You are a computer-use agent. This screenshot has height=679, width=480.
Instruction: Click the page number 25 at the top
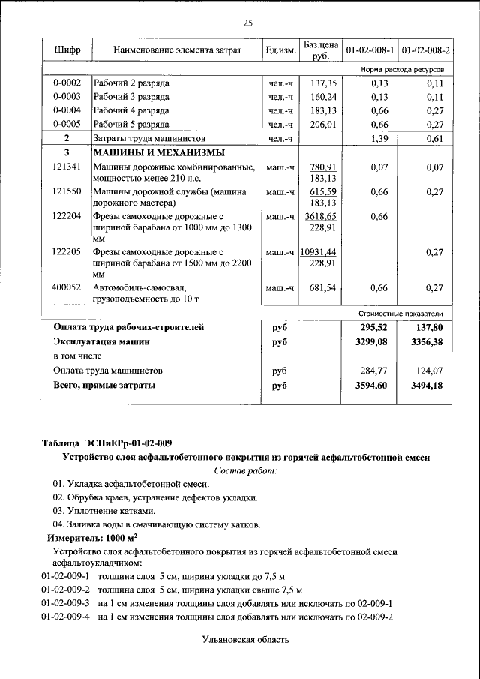[x=247, y=23]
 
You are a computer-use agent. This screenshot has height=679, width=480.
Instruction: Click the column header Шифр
[x=67, y=50]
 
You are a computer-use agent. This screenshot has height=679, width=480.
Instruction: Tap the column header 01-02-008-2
[x=425, y=50]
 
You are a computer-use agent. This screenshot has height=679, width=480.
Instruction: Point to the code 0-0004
[x=67, y=110]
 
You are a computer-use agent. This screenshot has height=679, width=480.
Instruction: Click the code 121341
[x=67, y=167]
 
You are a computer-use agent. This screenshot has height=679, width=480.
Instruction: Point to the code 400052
[x=67, y=287]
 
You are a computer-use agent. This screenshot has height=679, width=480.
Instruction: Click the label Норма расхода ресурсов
[x=402, y=69]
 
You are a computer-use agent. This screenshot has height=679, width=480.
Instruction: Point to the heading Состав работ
[x=245, y=470]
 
